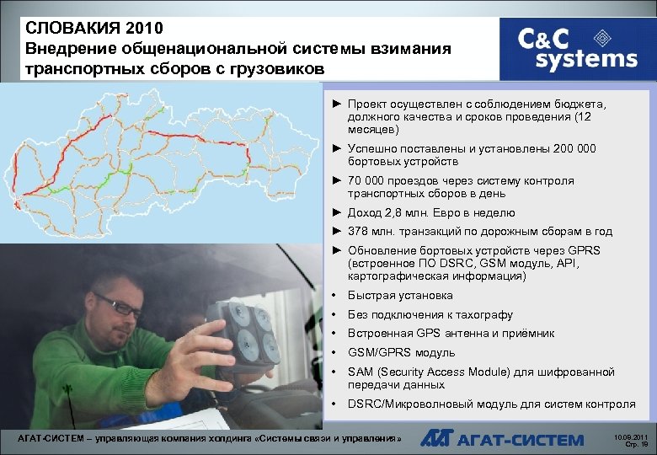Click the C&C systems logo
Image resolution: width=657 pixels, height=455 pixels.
577,48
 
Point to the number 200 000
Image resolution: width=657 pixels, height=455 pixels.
574,148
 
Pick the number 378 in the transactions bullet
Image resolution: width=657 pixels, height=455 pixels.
357,231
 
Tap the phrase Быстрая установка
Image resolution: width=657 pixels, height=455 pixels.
400,296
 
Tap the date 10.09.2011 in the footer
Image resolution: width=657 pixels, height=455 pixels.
631,436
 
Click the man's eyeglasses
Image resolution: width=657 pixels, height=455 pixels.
119,305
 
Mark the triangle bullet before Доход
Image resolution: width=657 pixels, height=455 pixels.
336,213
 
